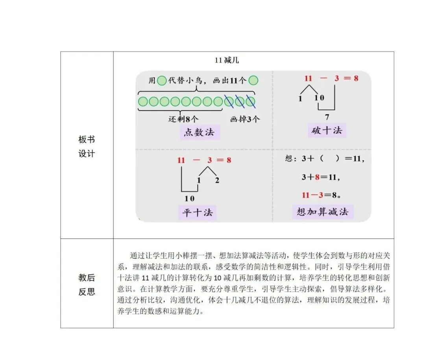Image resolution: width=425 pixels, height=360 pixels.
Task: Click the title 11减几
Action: pyautogui.click(x=227, y=60)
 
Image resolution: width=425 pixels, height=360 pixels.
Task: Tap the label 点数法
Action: pyautogui.click(x=199, y=132)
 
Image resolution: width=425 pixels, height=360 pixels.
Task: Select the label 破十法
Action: pyautogui.click(x=326, y=131)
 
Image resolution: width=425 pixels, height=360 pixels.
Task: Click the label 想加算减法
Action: pyautogui.click(x=322, y=212)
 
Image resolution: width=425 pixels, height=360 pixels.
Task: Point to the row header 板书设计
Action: pyautogui.click(x=87, y=146)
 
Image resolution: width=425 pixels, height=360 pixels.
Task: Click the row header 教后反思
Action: pyautogui.click(x=87, y=285)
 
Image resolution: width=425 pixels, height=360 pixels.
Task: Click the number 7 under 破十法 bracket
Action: pyautogui.click(x=327, y=117)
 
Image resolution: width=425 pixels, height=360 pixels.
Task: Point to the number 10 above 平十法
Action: pyautogui.click(x=189, y=198)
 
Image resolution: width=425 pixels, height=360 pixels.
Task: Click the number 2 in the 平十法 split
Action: pyautogui.click(x=217, y=181)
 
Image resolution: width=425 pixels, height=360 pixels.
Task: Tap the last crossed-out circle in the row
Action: pyautogui.click(x=251, y=102)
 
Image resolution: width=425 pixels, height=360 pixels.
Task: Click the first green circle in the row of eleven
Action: pyautogui.click(x=143, y=102)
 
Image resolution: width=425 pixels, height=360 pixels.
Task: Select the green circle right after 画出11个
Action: pyautogui.click(x=254, y=81)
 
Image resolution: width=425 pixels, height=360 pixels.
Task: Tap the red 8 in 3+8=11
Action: pyautogui.click(x=317, y=177)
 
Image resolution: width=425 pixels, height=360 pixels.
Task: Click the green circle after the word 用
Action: pyautogui.click(x=161, y=81)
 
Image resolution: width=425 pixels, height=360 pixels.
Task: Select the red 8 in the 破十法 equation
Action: pyautogui.click(x=356, y=78)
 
